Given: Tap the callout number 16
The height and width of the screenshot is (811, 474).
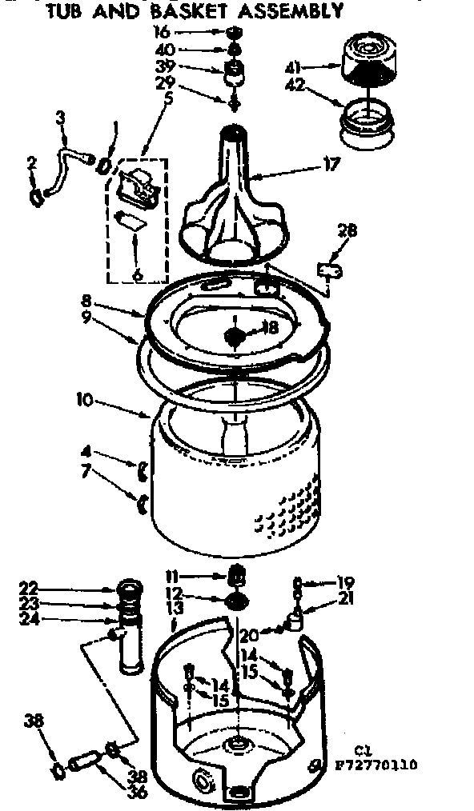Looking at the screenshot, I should pyautogui.click(x=163, y=33).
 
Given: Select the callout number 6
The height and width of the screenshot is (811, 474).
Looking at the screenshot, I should pyautogui.click(x=138, y=274).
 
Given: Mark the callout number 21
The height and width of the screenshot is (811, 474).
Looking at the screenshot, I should pyautogui.click(x=347, y=599).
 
